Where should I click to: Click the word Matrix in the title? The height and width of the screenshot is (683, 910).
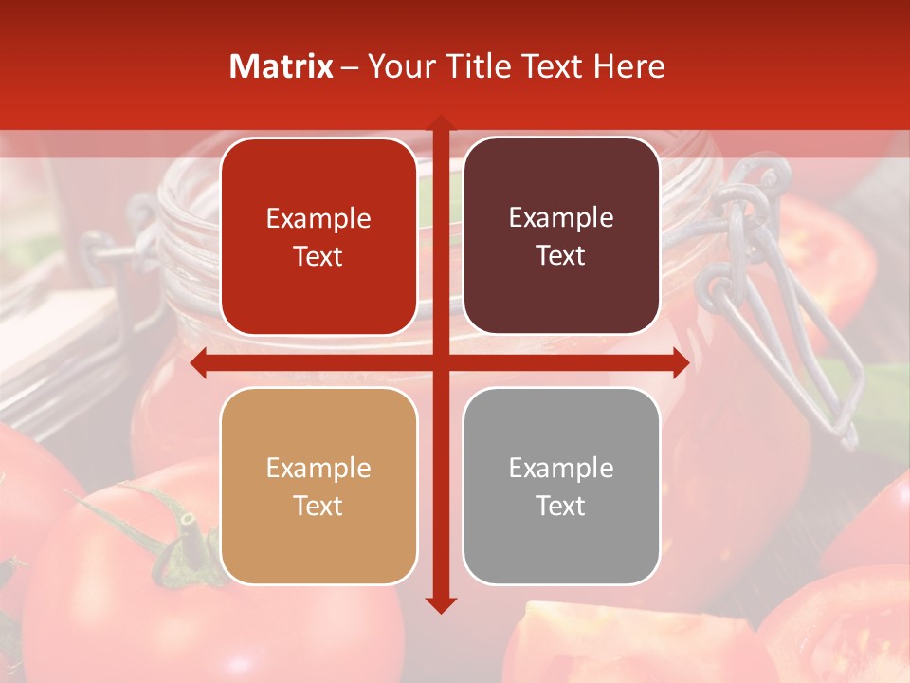coord(282,66)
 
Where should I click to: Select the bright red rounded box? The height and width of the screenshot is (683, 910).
coord(318,237)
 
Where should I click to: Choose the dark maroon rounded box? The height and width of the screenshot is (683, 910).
coord(561,236)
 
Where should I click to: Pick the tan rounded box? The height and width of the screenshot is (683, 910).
coord(318,486)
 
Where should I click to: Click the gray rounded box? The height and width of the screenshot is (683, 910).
coord(561,486)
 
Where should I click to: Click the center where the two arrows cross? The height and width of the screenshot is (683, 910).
coord(441,362)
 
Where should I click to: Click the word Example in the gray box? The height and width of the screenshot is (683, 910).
coord(561,468)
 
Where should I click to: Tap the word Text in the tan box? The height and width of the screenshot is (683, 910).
coord(318,506)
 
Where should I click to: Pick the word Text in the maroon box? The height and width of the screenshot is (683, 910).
coord(561,256)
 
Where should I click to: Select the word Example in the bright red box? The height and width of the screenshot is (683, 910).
coord(318,219)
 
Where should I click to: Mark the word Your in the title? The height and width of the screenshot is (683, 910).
coord(397,66)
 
